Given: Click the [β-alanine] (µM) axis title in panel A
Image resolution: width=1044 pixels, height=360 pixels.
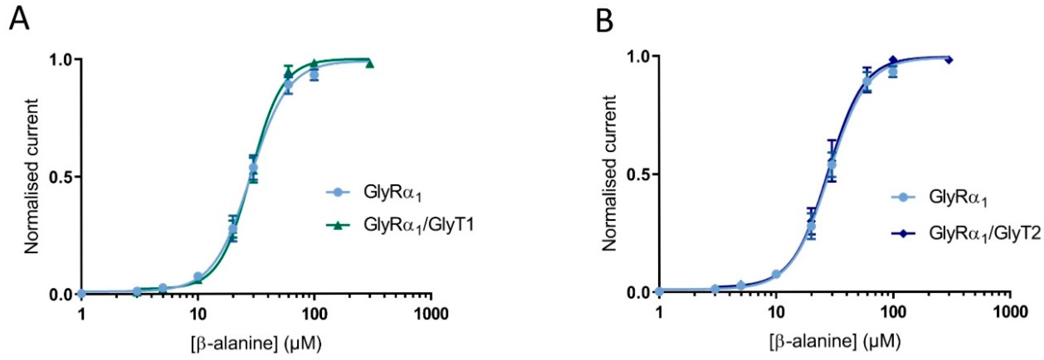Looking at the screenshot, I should coord(256,344).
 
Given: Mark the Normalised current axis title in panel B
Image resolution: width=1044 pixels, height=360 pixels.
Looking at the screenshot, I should coord(609,174).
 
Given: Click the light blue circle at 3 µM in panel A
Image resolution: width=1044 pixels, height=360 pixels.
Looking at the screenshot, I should coord(137,291).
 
